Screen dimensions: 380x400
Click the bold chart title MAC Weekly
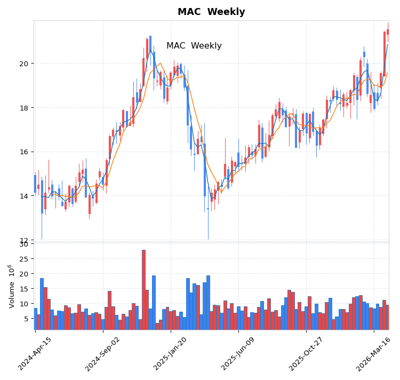[211, 12]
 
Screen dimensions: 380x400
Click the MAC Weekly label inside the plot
[194, 46]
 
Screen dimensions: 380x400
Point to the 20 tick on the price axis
[24, 64]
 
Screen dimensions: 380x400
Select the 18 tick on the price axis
[24, 108]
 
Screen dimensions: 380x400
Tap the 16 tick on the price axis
[24, 152]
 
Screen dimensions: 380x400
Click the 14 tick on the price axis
[24, 196]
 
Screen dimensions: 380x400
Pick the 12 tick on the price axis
[24, 240]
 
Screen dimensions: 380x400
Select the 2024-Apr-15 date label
[36, 353]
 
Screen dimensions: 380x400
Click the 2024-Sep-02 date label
[103, 353]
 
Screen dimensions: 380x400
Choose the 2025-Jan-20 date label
[171, 353]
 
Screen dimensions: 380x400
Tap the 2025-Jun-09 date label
[239, 353]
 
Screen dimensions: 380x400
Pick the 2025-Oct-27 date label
[307, 353]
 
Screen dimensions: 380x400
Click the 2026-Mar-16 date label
[374, 353]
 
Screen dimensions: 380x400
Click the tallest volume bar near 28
[143, 289]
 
